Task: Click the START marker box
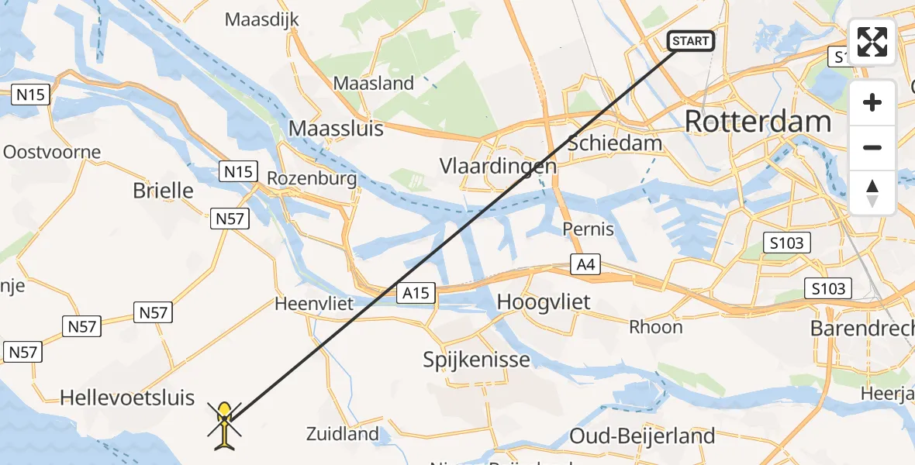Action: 690,40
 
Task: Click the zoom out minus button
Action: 872,147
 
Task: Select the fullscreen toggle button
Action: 872,42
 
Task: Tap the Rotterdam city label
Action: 758,122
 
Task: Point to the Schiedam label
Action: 615,143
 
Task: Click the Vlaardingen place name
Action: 498,167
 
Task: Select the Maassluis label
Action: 336,128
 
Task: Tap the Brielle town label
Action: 163,190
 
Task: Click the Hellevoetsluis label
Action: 127,398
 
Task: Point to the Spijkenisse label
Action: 477,360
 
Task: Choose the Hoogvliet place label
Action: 544,302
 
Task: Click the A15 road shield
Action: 416,293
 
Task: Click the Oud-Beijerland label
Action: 642,436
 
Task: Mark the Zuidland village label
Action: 342,434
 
